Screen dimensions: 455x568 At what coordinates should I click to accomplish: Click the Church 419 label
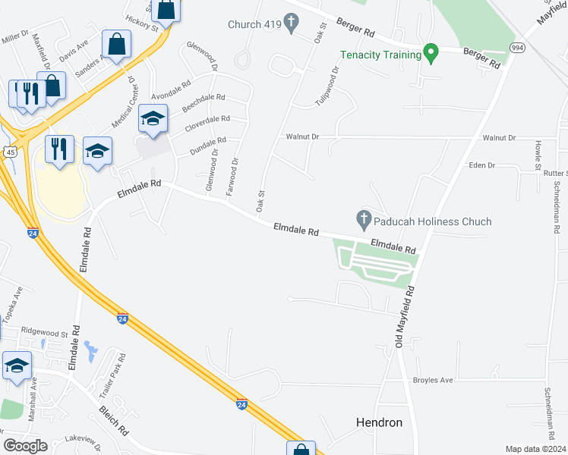pyautogui.click(x=254, y=24)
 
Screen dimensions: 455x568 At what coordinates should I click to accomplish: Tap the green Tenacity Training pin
pyautogui.click(x=431, y=54)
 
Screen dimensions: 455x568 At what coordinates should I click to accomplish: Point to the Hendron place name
pyautogui.click(x=379, y=422)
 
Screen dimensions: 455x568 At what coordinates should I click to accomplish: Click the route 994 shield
pyautogui.click(x=518, y=48)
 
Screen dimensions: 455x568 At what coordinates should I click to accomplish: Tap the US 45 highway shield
pyautogui.click(x=10, y=152)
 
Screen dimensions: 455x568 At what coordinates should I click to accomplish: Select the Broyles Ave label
pyautogui.click(x=432, y=380)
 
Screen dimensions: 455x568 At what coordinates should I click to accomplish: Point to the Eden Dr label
pyautogui.click(x=481, y=165)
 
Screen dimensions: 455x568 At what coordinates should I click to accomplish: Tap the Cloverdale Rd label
pyautogui.click(x=205, y=120)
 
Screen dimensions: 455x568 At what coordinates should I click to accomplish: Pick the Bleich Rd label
pyautogui.click(x=113, y=421)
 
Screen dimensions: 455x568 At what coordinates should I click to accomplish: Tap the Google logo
pyautogui.click(x=26, y=446)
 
